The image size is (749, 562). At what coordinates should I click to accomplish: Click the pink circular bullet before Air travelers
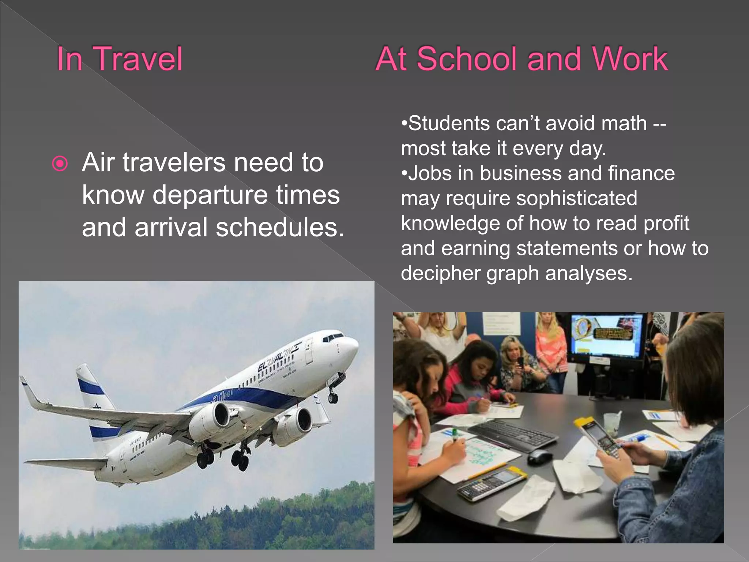click(x=60, y=164)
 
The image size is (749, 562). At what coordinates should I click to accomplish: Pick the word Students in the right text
click(x=448, y=123)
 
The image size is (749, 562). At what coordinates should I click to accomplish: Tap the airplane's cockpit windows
click(x=334, y=336)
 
